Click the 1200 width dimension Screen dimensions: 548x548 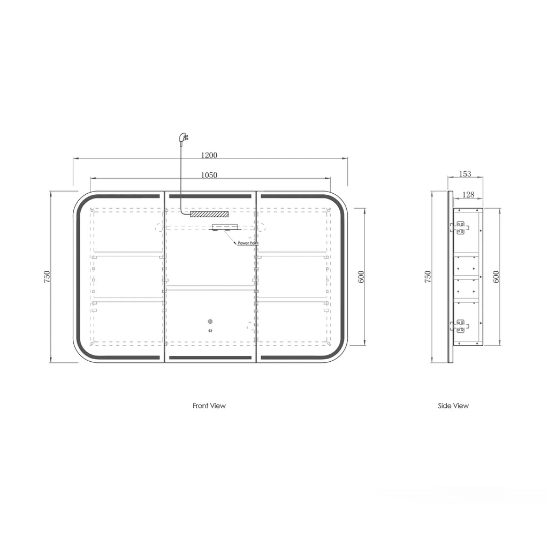point(209,155)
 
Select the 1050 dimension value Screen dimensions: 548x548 point(209,175)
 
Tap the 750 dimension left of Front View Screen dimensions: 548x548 point(47,277)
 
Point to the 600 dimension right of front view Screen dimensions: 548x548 point(361,277)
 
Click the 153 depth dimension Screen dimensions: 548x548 point(465,174)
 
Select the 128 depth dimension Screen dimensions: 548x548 point(468,195)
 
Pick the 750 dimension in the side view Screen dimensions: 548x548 point(428,277)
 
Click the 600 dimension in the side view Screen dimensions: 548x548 point(496,277)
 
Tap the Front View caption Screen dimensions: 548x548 point(209,406)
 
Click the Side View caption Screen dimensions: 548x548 point(453,406)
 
